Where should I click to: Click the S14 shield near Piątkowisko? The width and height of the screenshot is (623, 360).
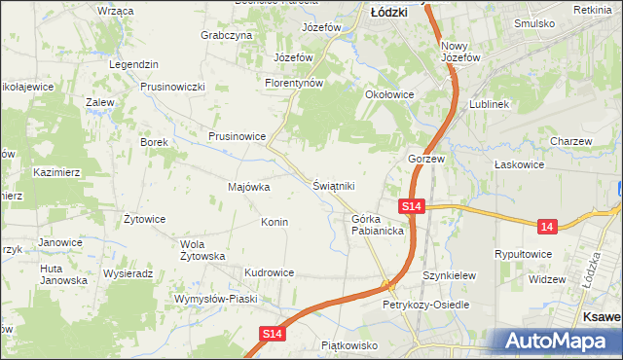pyautogui.click(x=275, y=334)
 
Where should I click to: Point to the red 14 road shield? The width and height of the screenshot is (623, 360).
pyautogui.click(x=548, y=226)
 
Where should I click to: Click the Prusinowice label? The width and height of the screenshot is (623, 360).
pyautogui.click(x=238, y=137)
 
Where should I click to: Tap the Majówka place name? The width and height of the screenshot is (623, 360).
pyautogui.click(x=248, y=187)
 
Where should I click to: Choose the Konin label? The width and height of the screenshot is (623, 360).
pyautogui.click(x=274, y=223)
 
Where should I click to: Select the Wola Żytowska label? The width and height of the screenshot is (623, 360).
pyautogui.click(x=203, y=250)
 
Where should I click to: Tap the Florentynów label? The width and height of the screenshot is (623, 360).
pyautogui.click(x=294, y=84)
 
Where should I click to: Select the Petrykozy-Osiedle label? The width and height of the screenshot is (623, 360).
pyautogui.click(x=425, y=305)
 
